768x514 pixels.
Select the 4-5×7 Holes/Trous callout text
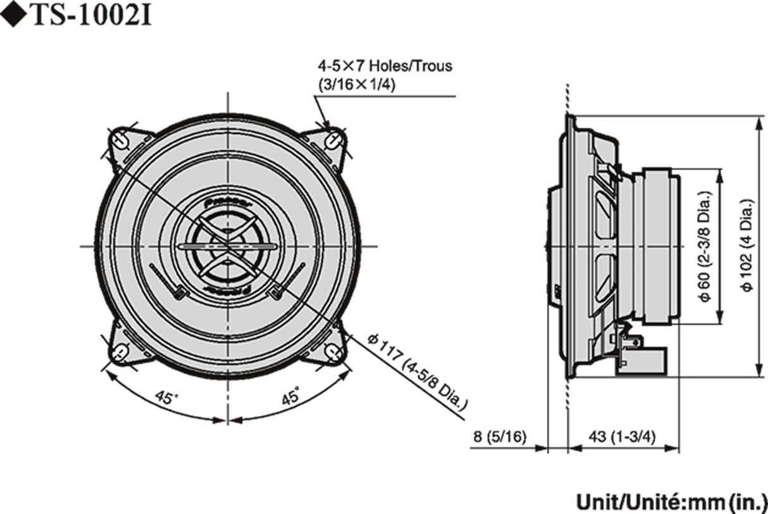click(x=385, y=66)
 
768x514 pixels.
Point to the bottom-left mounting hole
click(x=120, y=350)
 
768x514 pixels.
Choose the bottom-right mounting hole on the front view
click(x=334, y=350)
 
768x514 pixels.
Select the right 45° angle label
click(x=290, y=398)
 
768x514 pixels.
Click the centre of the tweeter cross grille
click(x=227, y=246)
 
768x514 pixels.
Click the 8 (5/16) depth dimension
click(x=500, y=437)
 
